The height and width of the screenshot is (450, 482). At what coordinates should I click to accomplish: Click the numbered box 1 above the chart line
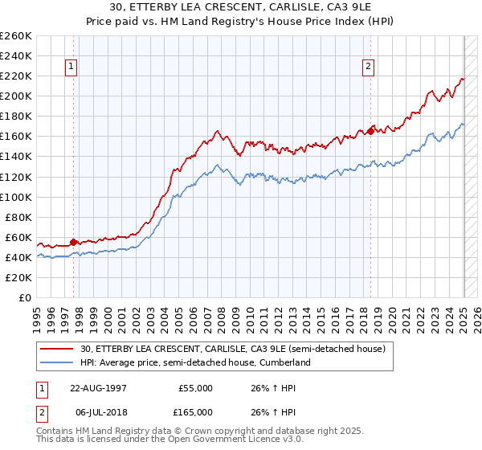click(x=72, y=67)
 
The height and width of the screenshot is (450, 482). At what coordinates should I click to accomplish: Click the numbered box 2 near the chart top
click(x=368, y=67)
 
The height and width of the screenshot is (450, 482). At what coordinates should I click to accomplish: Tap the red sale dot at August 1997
click(x=73, y=241)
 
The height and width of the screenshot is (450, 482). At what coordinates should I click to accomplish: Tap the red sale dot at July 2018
click(x=370, y=130)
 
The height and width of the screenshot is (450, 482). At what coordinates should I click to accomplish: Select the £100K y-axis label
click(x=16, y=197)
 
